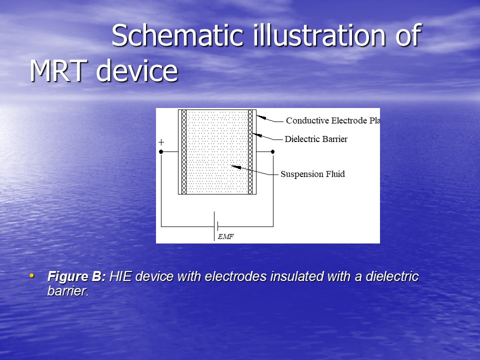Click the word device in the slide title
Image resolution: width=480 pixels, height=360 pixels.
(x=137, y=70)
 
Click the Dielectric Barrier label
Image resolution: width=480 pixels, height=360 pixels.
(x=316, y=139)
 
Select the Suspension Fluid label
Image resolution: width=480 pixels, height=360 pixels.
(x=312, y=174)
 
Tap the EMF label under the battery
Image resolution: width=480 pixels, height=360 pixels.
(x=226, y=236)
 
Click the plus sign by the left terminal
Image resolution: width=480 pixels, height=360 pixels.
(x=161, y=142)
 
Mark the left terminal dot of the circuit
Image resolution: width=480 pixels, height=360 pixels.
(x=161, y=152)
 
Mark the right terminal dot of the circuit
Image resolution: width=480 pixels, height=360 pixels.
(x=273, y=152)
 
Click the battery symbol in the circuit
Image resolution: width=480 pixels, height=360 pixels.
(x=215, y=226)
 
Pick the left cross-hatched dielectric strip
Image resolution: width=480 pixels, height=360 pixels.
(x=184, y=152)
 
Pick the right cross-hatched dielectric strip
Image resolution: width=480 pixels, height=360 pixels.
(x=250, y=152)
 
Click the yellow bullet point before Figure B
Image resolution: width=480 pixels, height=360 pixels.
(x=32, y=275)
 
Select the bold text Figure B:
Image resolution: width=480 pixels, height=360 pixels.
(x=76, y=276)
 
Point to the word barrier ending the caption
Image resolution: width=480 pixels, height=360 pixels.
(x=68, y=291)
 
